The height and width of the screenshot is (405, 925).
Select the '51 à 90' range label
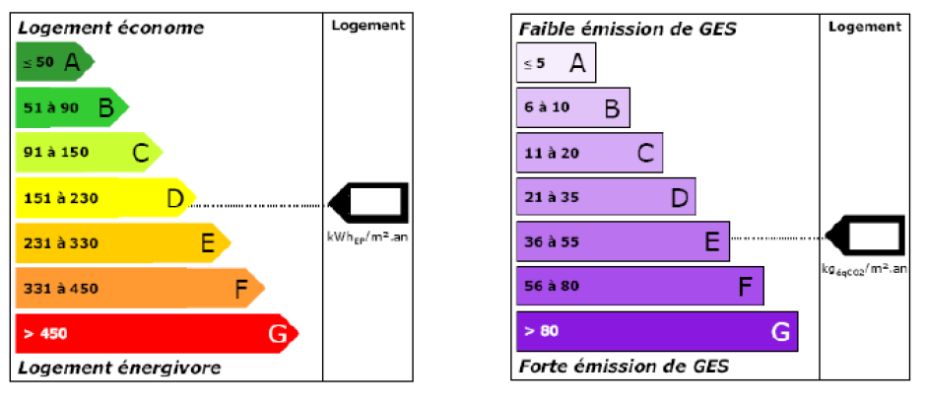click(x=50, y=108)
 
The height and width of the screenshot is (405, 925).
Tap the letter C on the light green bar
click(x=141, y=153)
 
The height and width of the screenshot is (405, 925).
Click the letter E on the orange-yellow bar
click(x=208, y=242)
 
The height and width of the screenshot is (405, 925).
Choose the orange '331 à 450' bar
click(x=138, y=288)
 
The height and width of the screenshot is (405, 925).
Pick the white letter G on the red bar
click(x=278, y=334)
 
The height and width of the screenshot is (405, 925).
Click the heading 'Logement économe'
click(x=111, y=28)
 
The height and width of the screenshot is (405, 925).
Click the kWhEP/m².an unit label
click(x=367, y=236)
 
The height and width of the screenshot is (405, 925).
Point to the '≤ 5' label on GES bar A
click(x=533, y=64)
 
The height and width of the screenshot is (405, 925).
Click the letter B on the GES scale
click(x=612, y=109)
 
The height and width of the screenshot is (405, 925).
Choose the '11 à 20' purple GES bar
click(x=589, y=153)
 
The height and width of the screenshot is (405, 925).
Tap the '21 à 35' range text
click(x=552, y=197)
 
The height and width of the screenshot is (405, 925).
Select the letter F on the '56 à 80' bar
click(x=746, y=287)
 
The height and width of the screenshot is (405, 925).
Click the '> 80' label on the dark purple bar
click(x=542, y=331)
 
